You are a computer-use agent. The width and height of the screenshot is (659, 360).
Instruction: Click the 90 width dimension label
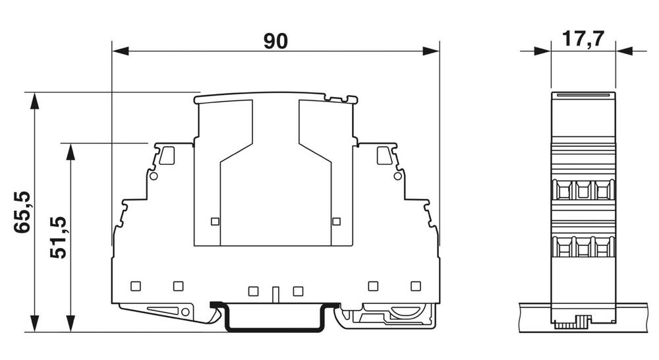276,42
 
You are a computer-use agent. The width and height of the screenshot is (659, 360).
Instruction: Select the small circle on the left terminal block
154,176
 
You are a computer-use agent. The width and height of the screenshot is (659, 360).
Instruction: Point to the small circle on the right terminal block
397,176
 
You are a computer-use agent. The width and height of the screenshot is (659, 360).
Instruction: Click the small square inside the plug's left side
214,221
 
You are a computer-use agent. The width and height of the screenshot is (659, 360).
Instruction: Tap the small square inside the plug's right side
337,221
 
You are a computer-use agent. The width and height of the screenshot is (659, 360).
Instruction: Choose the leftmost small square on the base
136,285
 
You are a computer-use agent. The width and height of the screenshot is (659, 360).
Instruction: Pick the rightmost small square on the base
415,285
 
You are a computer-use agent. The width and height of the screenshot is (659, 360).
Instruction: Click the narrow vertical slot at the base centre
276,292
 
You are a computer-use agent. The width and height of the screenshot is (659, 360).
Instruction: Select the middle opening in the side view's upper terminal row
583,191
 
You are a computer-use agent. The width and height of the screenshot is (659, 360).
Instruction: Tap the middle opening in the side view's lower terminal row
583,248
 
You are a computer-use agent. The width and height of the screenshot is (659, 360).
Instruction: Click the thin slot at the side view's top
583,96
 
